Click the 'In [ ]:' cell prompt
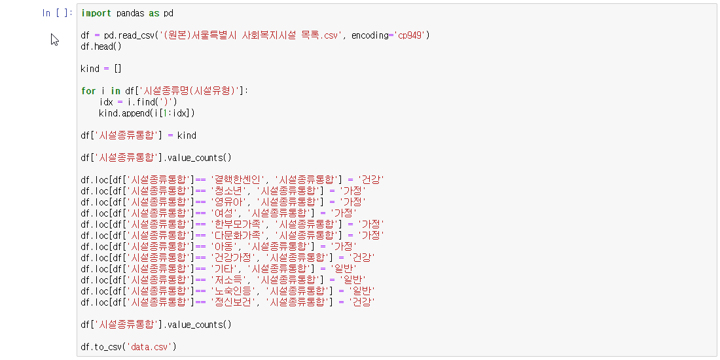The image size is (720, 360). coord(57,13)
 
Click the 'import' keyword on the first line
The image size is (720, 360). coord(96,13)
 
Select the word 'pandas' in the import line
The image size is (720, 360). coord(131,13)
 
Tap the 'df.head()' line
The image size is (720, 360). coord(101,46)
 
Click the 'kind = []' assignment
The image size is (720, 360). coord(101,69)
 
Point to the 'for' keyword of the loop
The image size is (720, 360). coord(88,91)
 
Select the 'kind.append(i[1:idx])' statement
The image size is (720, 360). coord(147,113)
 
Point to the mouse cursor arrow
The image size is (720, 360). coord(54,39)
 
